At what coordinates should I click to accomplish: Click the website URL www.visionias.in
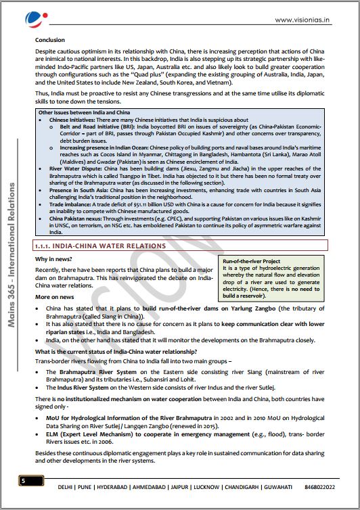click(x=302, y=20)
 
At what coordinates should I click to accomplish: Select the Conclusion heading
click(x=51, y=40)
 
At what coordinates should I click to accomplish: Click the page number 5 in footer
click(x=23, y=481)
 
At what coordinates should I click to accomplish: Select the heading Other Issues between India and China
click(x=82, y=112)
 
